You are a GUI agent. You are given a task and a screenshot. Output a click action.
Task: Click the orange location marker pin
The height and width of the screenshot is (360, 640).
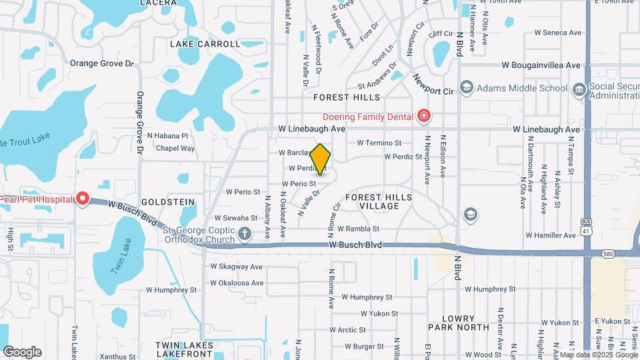pos(321,159)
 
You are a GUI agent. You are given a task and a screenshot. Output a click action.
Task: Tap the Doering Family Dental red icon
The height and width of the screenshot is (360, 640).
pos(423,117)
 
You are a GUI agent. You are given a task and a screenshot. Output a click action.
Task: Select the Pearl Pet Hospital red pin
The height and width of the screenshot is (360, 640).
pos(82,199)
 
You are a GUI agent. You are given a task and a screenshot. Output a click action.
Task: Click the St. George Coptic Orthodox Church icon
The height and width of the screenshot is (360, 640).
pos(245,234)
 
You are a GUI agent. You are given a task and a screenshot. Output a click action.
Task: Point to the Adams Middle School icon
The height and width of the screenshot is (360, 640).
pos(466,88)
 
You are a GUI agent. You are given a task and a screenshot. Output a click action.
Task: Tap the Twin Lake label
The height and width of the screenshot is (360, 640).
pos(119,255)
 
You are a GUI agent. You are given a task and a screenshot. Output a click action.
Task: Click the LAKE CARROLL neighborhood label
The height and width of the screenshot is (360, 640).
pos(205,44)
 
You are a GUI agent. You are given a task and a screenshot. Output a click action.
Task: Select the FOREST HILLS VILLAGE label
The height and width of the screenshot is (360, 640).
pos(379,202)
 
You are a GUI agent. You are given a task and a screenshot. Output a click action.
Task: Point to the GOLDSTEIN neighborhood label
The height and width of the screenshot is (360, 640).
pos(168,201)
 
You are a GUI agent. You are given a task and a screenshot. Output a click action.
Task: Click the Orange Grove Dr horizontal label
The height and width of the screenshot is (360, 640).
pos(102,63)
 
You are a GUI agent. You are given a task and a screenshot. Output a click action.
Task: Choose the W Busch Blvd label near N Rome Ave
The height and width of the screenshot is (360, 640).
pos(355,245)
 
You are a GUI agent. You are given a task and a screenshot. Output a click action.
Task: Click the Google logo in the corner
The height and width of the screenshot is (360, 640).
pos(22,351)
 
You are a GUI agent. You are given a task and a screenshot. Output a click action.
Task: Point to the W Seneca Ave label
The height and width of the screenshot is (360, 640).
pos(558,32)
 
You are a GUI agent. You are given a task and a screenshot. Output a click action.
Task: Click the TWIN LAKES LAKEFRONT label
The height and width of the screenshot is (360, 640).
pos(185,350)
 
